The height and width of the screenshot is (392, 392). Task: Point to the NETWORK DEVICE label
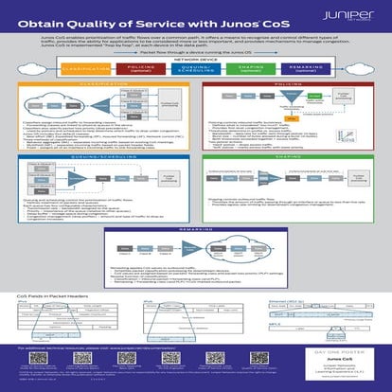point(196,60)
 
